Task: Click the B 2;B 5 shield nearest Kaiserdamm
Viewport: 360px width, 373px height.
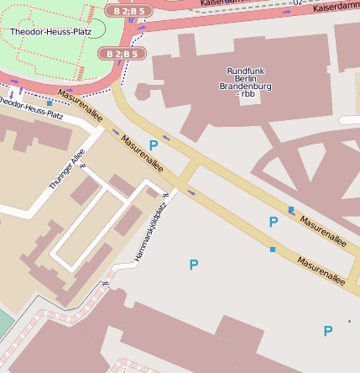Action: pyautogui.click(x=129, y=11)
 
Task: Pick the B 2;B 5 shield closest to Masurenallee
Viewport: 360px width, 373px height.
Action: pyautogui.click(x=123, y=54)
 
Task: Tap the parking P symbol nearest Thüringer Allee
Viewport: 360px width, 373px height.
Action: pyautogui.click(x=154, y=145)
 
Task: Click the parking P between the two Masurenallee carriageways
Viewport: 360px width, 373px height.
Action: pyautogui.click(x=273, y=222)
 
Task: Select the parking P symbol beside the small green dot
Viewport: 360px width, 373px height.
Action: pyautogui.click(x=328, y=331)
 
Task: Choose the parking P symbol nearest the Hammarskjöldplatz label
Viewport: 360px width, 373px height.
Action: pyautogui.click(x=194, y=265)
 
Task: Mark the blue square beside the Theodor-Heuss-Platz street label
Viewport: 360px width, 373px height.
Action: pyautogui.click(x=50, y=103)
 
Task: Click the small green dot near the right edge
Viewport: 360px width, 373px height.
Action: pyautogui.click(x=350, y=321)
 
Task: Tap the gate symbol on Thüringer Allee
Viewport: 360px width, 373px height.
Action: pyautogui.click(x=82, y=165)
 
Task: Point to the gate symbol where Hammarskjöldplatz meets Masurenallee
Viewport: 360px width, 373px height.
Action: pyautogui.click(x=165, y=196)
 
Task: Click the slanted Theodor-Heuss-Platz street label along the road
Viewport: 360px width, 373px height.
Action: pyautogui.click(x=29, y=108)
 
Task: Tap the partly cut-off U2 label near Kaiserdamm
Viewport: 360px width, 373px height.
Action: pyautogui.click(x=299, y=3)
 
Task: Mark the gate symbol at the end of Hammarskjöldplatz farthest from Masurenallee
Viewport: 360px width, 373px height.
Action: pyautogui.click(x=105, y=283)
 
